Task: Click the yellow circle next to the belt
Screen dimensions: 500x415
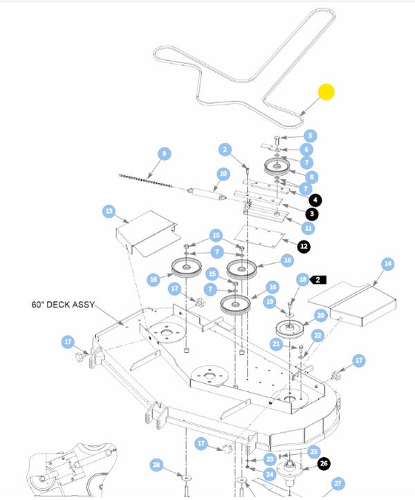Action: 326,91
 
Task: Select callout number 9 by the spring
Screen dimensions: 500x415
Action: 164,154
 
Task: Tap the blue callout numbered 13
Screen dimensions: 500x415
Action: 109,211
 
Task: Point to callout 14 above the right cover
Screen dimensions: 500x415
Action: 387,264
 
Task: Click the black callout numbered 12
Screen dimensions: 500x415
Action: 304,246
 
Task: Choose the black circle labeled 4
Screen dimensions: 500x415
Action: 315,200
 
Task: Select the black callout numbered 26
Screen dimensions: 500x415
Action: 324,464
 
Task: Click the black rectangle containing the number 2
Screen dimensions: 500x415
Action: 318,280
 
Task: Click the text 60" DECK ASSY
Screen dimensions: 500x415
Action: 62,305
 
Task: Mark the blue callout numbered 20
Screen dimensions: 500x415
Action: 320,315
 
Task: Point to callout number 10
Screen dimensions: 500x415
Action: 223,173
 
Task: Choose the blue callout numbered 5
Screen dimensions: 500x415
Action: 311,136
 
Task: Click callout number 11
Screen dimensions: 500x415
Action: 308,228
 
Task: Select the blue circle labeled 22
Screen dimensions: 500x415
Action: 317,335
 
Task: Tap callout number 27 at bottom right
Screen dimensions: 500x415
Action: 338,483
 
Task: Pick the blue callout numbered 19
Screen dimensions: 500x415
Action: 270,301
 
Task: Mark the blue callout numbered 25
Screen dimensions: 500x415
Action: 314,452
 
